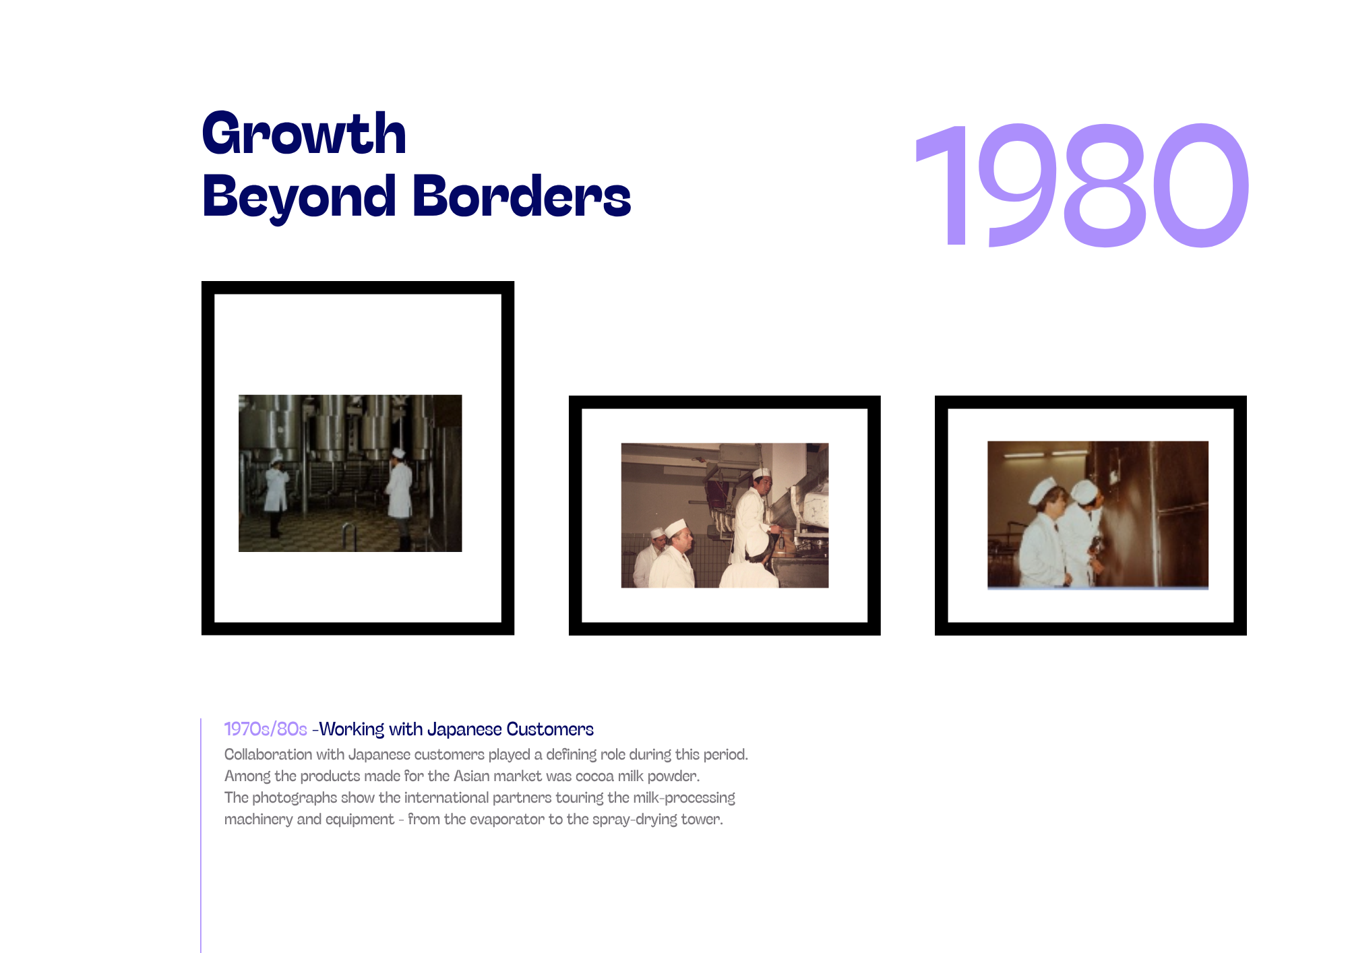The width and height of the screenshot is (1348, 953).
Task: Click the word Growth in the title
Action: click(x=304, y=133)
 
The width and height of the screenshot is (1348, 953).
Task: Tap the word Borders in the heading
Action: click(x=522, y=196)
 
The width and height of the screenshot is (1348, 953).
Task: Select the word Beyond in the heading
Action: click(x=299, y=197)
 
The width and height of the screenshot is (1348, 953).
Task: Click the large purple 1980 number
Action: click(x=1082, y=185)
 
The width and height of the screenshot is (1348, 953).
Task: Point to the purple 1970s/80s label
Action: click(x=266, y=729)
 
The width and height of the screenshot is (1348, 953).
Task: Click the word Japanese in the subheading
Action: click(x=464, y=729)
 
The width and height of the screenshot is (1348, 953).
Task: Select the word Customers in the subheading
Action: click(x=550, y=729)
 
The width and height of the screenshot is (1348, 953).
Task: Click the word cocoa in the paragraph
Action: click(x=594, y=776)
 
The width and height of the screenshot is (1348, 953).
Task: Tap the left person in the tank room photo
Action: click(x=276, y=495)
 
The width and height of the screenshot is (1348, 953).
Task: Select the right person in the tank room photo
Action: click(x=399, y=499)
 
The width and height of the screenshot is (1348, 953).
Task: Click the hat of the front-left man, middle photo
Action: click(x=675, y=528)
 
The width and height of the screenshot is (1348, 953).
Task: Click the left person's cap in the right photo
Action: click(x=1043, y=491)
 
